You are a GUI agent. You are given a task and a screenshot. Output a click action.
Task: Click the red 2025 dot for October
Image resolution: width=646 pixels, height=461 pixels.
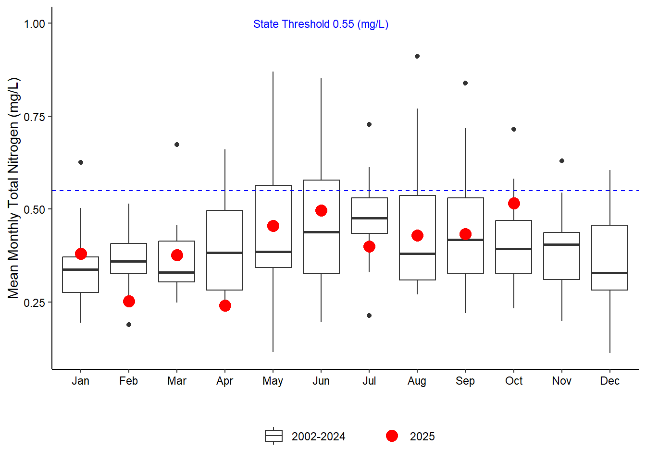514,204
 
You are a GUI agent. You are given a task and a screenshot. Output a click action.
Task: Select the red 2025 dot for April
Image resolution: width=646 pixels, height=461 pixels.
225,306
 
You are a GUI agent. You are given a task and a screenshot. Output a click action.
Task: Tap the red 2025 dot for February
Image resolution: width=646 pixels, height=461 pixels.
129,302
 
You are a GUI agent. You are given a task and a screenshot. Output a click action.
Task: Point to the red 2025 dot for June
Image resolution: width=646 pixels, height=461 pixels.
321,211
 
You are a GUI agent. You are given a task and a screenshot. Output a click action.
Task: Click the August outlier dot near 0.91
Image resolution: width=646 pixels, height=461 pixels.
417,56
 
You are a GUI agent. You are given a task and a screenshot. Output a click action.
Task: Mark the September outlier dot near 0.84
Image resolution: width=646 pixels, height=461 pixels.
465,83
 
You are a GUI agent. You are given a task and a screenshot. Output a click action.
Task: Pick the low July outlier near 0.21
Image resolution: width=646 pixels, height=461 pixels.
369,315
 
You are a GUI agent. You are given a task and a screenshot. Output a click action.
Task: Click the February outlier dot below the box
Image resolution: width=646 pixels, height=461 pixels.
129,325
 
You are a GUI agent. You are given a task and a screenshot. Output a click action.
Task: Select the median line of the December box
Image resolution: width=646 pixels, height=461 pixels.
609,273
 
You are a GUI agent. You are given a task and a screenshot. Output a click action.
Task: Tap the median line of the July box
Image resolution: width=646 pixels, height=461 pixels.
369,218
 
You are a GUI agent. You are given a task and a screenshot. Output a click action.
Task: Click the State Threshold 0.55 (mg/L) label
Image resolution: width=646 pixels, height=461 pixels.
321,24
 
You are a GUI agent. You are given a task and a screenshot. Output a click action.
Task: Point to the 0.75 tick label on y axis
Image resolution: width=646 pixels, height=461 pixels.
35,117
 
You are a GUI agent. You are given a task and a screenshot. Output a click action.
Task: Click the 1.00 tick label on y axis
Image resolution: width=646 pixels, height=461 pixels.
35,24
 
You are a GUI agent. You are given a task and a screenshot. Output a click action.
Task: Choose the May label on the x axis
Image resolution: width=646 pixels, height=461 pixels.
273,381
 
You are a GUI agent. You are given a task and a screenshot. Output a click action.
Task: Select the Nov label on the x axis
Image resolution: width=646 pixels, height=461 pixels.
561,381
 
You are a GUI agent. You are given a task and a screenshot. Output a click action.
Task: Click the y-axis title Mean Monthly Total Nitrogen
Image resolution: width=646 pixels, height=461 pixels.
13,188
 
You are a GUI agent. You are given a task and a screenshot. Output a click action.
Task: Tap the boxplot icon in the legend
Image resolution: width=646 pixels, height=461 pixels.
273,436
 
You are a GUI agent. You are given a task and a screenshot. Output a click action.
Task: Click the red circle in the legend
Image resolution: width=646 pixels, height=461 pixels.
392,436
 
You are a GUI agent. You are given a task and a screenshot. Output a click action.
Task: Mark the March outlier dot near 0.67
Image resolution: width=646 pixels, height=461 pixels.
177,145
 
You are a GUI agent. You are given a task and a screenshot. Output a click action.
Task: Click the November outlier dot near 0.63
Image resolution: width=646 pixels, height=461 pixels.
562,161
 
